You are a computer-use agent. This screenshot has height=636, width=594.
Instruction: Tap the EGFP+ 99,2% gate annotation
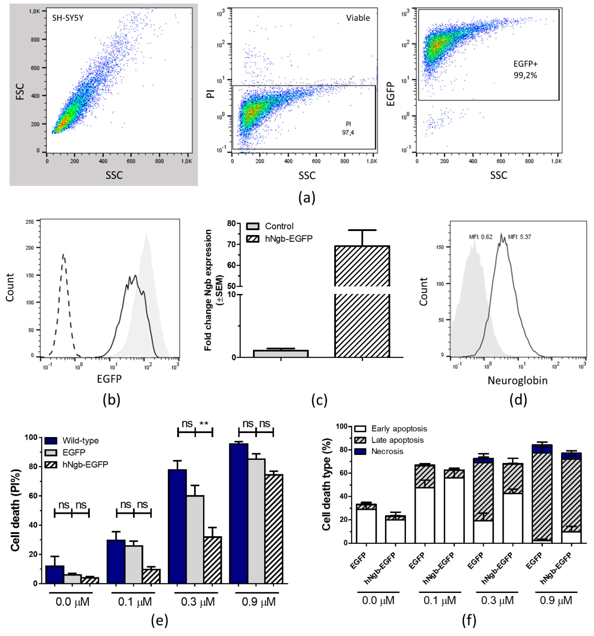click(525, 69)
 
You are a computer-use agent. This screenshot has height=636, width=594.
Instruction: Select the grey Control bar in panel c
click(280, 353)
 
